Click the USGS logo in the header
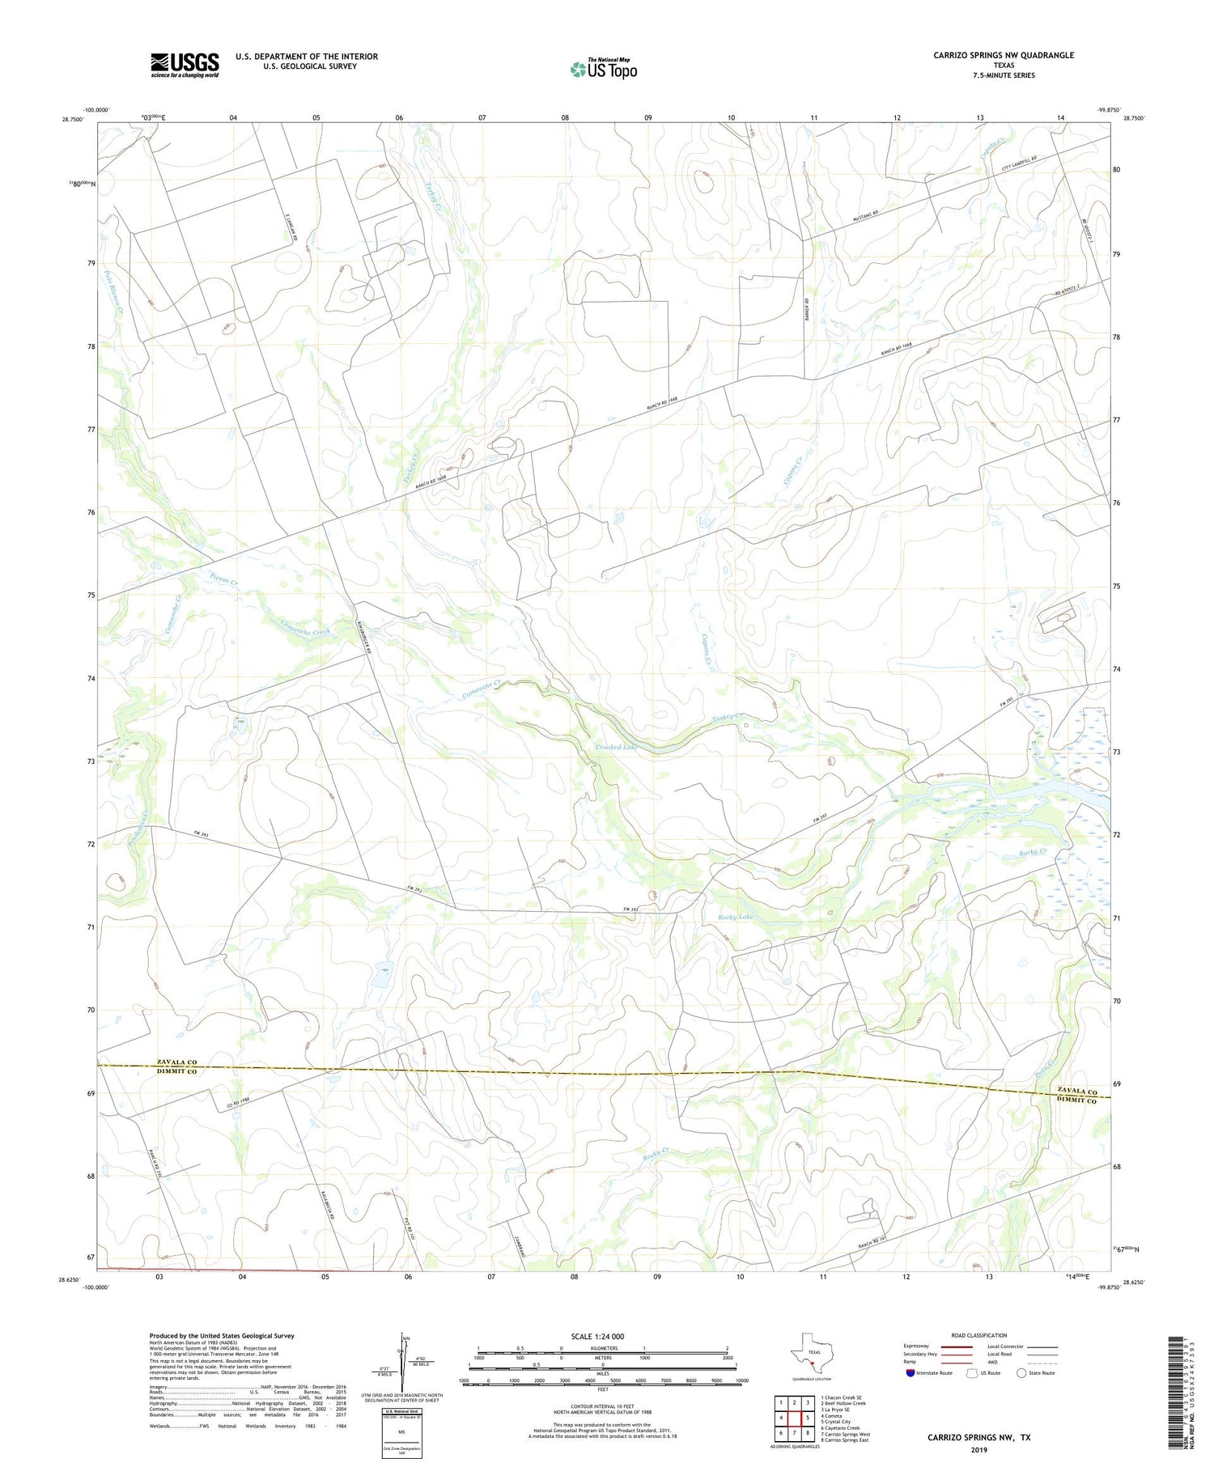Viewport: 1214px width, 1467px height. coord(185,65)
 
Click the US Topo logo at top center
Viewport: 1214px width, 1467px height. coord(604,70)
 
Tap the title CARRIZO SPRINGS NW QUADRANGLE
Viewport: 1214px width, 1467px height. coord(1004,55)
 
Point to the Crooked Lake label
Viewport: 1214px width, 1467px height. coord(617,747)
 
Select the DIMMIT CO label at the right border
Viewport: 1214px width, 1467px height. coord(1076,1101)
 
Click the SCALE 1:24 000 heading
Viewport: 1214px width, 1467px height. coord(597,1336)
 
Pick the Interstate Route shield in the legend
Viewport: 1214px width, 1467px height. coord(912,1372)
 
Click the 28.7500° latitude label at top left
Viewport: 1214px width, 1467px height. coord(72,118)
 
